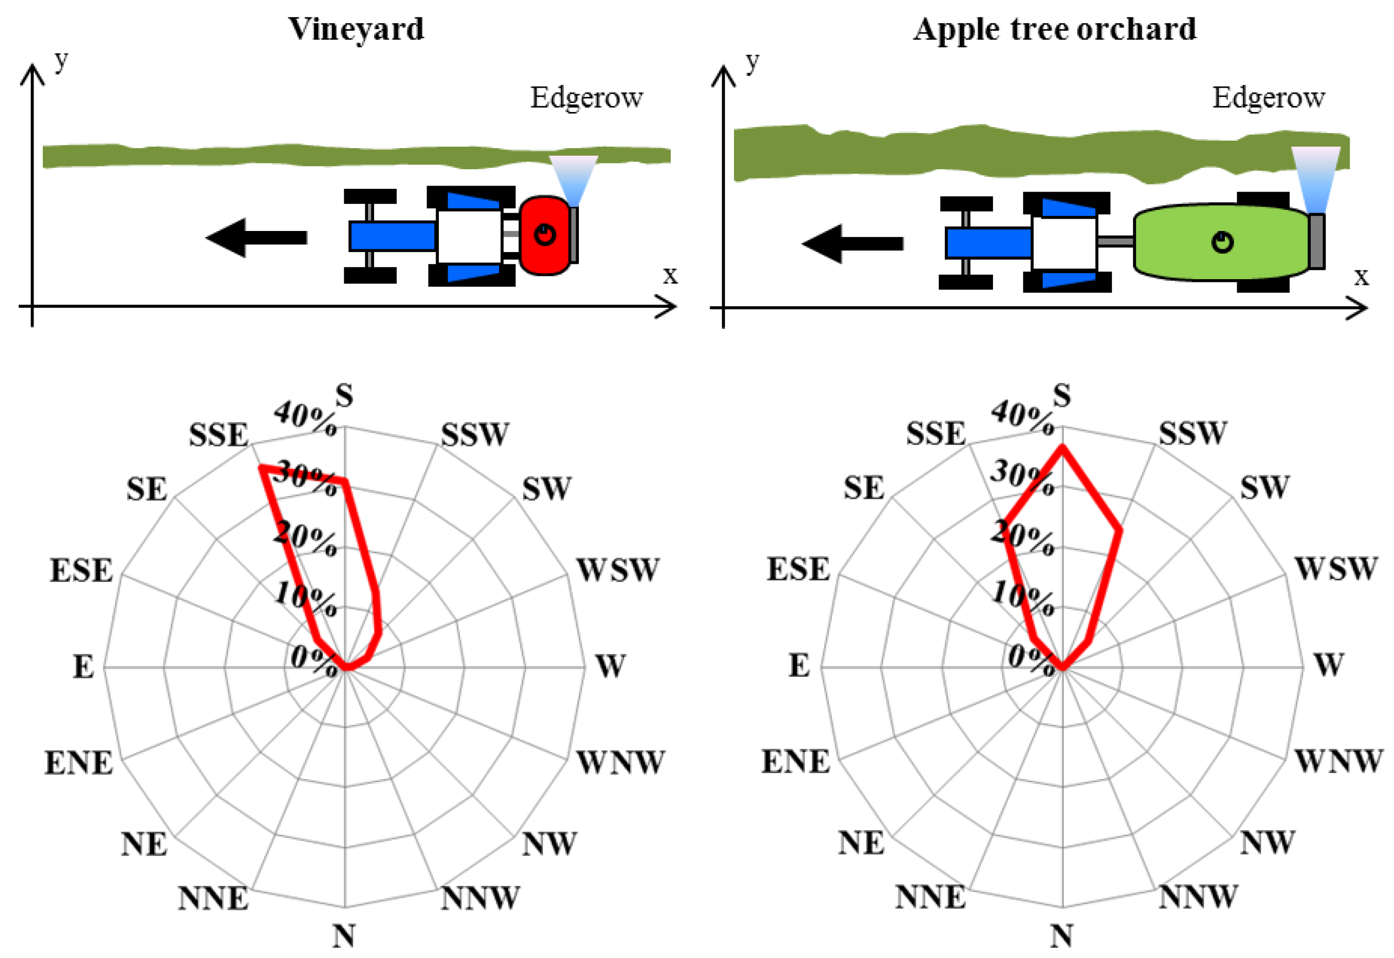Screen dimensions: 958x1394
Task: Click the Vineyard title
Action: (356, 29)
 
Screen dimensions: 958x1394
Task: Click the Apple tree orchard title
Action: (1054, 29)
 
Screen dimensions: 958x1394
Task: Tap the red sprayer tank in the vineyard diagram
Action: (544, 235)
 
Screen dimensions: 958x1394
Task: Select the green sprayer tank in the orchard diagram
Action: (1220, 242)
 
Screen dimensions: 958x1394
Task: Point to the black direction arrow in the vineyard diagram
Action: (256, 237)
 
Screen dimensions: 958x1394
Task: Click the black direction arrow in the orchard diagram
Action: (852, 243)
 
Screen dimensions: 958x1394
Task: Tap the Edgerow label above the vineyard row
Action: (586, 97)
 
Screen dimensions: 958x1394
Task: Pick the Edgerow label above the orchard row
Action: (1268, 97)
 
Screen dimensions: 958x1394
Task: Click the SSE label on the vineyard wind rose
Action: (218, 434)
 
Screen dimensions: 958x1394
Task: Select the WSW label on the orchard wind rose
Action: (1335, 569)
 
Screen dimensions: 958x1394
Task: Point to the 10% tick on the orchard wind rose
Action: (1022, 598)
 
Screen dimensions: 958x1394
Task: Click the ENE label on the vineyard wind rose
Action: (78, 762)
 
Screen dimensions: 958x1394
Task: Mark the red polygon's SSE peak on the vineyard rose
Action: (261, 466)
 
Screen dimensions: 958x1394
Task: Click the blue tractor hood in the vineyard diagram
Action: (392, 236)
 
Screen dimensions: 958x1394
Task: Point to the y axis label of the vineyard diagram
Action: (61, 60)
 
